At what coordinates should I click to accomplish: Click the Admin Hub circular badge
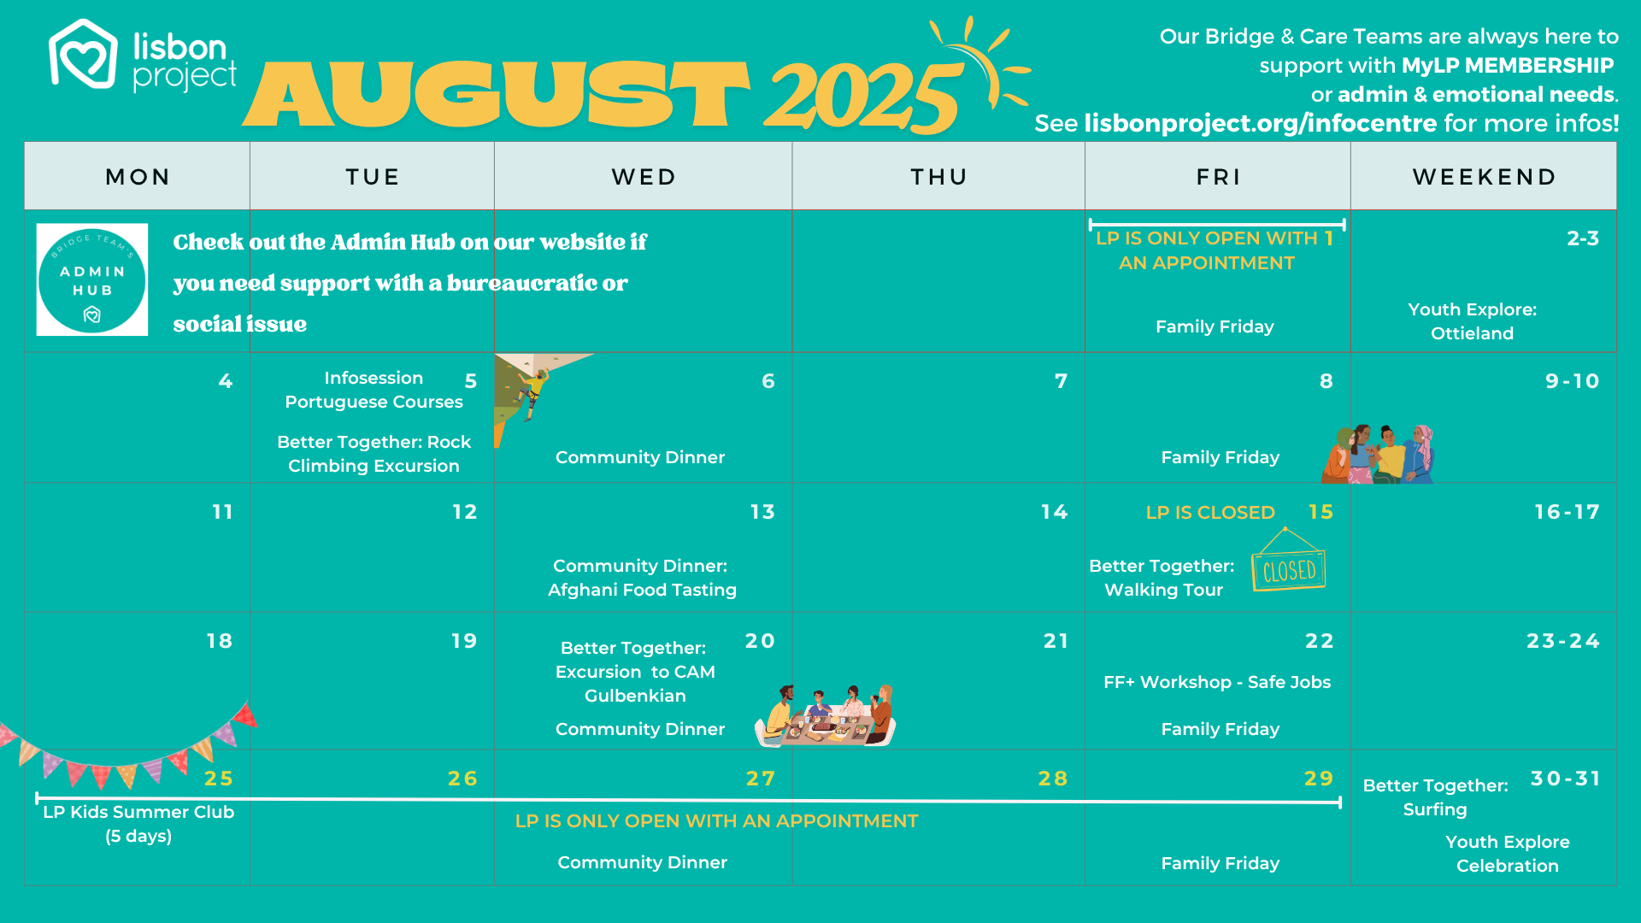coord(92,279)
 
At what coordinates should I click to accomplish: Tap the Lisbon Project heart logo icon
coord(83,54)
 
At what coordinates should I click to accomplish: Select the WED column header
coord(644,177)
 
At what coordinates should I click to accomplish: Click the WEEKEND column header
coord(1484,177)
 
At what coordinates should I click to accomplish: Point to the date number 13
coord(762,512)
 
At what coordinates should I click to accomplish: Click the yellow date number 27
coord(761,779)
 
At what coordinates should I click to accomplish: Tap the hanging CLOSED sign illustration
coord(1289,560)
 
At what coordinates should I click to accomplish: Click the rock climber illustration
coord(532,391)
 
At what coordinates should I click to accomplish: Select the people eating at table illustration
coord(826,715)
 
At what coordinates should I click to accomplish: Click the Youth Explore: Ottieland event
coord(1472,321)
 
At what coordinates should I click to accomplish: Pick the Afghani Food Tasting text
coord(642,590)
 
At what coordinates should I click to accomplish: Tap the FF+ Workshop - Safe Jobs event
coord(1217,682)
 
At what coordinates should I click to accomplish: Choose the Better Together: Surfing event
coord(1435,797)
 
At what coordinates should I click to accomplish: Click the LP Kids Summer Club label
coord(138,812)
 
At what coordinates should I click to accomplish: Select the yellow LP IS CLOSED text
coord(1210,513)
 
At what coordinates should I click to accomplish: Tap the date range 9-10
coord(1572,381)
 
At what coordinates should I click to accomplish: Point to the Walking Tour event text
coord(1163,590)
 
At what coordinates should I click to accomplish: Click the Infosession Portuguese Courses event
coord(373,390)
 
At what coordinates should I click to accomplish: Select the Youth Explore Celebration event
coord(1507,854)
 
